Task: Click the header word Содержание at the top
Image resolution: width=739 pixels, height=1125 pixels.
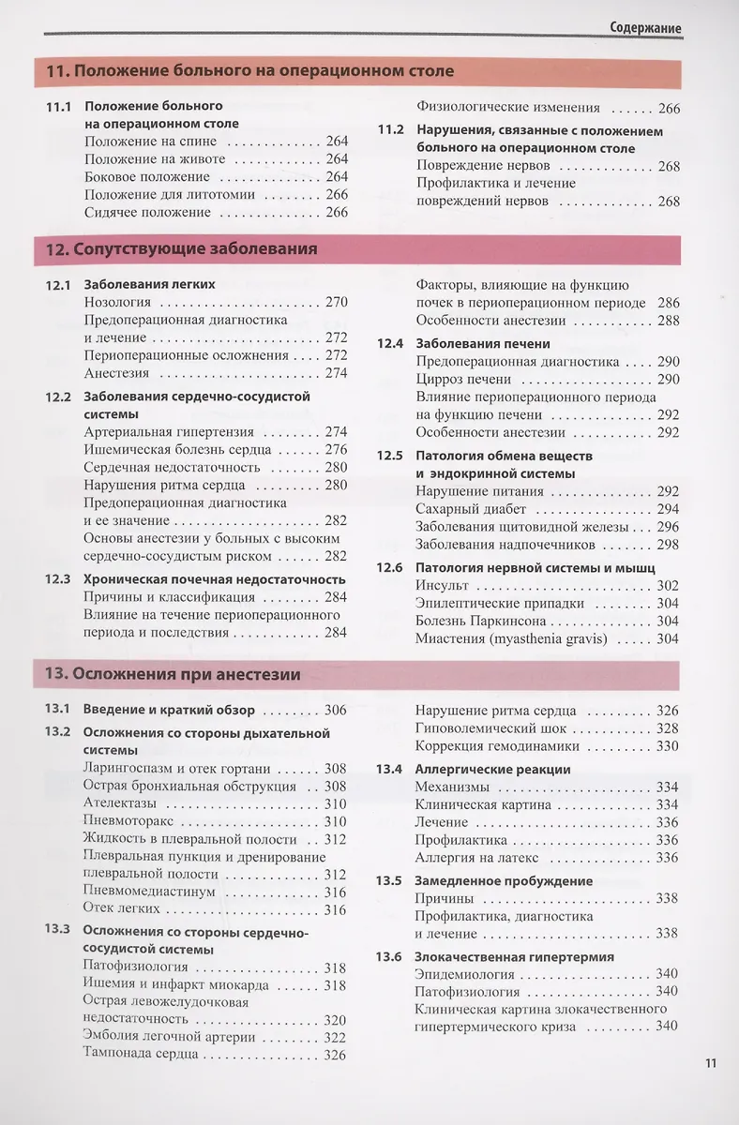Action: click(644, 28)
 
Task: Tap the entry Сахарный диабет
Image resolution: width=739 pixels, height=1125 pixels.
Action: click(471, 509)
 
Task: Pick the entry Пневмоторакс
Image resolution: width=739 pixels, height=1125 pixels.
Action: click(128, 821)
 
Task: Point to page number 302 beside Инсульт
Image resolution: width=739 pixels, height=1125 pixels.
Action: click(668, 585)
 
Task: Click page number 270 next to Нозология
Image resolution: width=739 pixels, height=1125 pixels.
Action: click(335, 302)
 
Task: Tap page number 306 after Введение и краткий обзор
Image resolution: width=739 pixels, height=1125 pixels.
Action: click(335, 710)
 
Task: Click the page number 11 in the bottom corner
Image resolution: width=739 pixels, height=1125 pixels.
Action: click(710, 1062)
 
